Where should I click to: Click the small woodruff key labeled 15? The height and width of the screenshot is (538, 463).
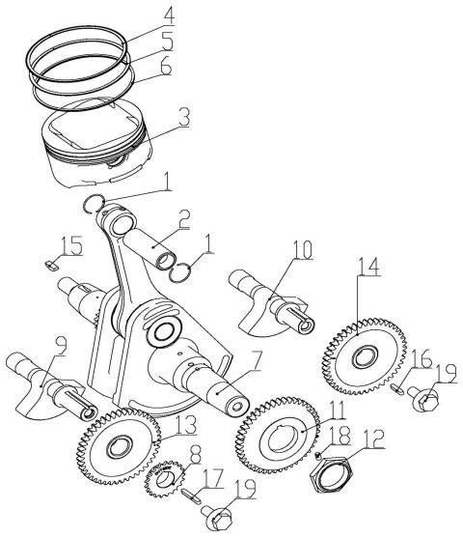tap(53, 258)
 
